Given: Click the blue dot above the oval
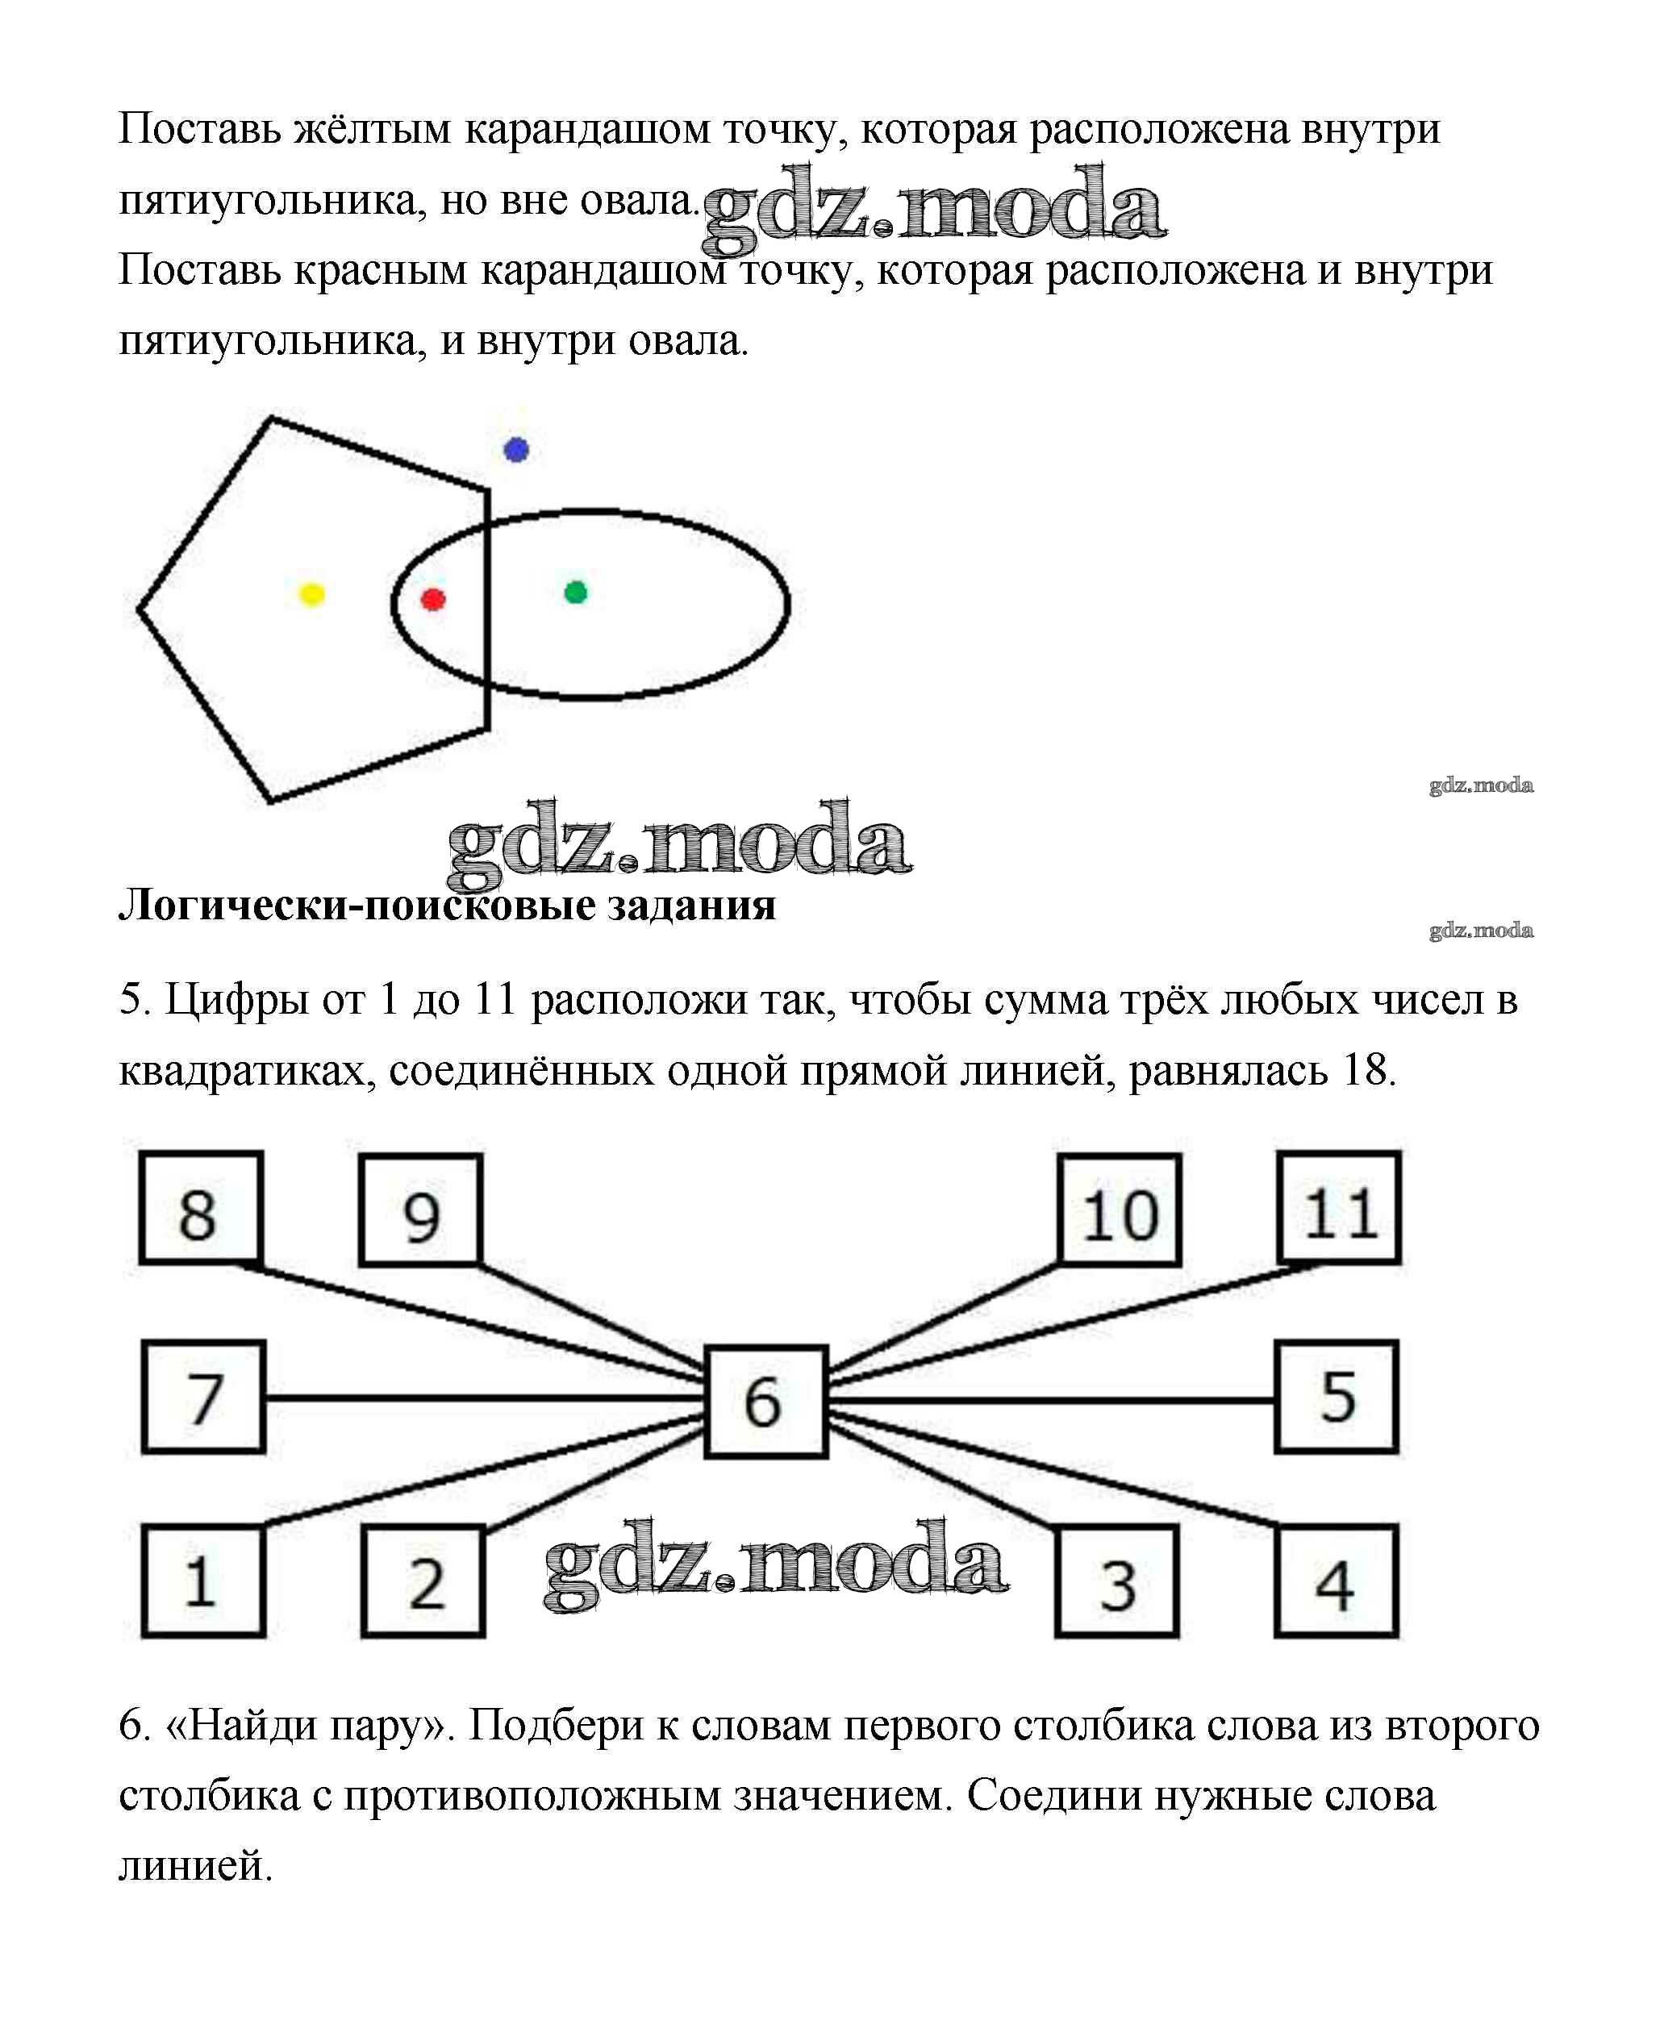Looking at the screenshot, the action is click(x=517, y=449).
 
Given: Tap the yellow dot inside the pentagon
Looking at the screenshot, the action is click(x=311, y=594).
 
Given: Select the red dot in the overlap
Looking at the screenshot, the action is click(x=433, y=600).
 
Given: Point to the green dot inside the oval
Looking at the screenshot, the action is click(x=575, y=592).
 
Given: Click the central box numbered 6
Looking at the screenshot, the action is click(x=766, y=1402).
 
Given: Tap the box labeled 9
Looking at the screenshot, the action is click(x=421, y=1210).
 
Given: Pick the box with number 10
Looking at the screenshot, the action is click(x=1120, y=1210).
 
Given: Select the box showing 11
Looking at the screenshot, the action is click(x=1340, y=1208).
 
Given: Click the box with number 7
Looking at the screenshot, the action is click(x=203, y=1397).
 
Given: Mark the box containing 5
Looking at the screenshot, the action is click(x=1337, y=1397).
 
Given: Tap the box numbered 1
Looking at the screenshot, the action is click(x=203, y=1581).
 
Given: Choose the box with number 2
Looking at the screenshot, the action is click(x=423, y=1581).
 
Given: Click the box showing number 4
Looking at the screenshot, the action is click(x=1337, y=1581).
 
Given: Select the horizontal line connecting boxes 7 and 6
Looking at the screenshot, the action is click(x=485, y=1399).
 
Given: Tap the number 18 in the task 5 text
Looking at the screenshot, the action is click(x=1364, y=1069).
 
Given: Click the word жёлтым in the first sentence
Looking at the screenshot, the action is click(x=372, y=129).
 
